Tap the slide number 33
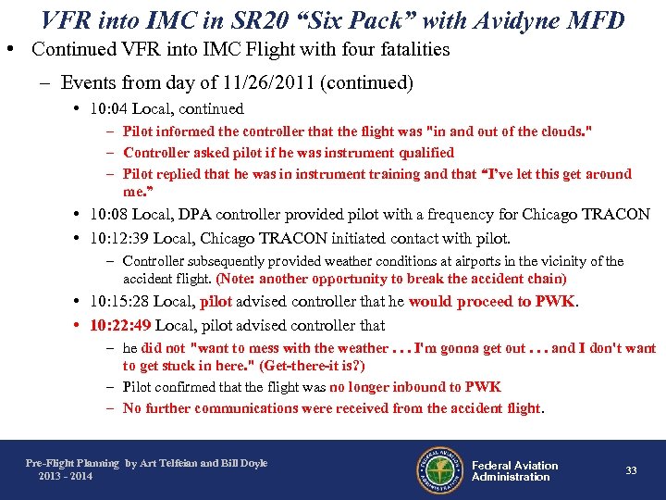click(631, 470)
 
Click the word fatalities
click(409, 50)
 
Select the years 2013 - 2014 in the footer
click(66, 476)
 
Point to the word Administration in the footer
click(511, 477)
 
